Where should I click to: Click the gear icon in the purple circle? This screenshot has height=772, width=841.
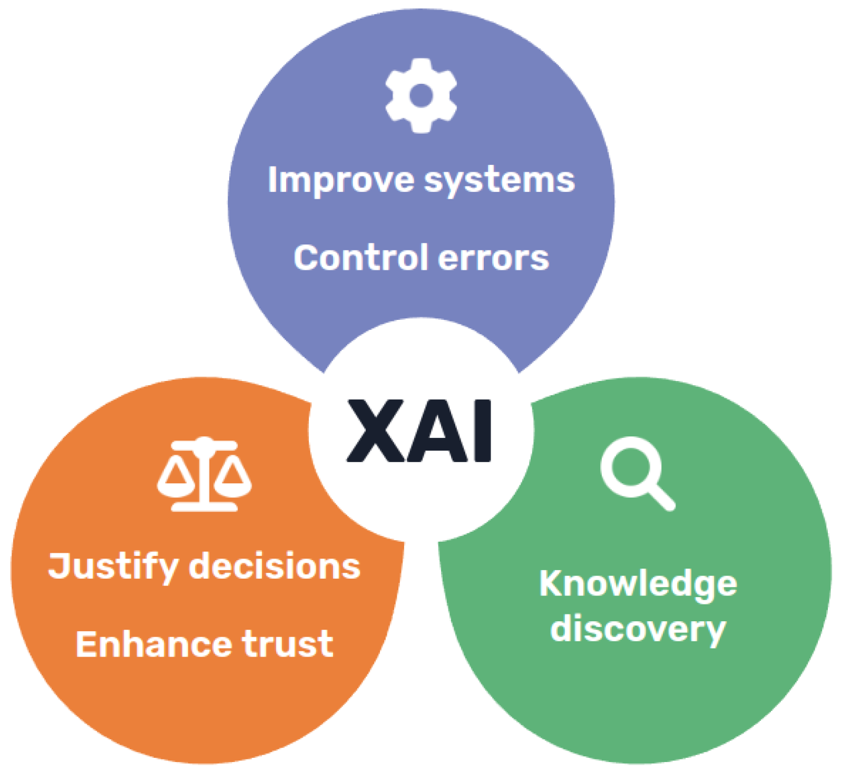421,95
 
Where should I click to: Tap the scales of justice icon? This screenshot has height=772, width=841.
204,474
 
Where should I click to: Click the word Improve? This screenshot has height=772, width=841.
341,181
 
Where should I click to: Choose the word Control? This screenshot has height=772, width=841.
360,258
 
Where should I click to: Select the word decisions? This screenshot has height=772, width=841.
275,566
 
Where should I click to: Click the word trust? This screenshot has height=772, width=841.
288,644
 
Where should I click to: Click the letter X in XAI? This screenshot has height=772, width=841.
373,431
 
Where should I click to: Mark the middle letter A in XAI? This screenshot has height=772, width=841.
434,431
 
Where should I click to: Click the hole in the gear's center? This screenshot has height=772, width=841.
421,96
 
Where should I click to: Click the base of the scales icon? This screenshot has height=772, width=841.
204,507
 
